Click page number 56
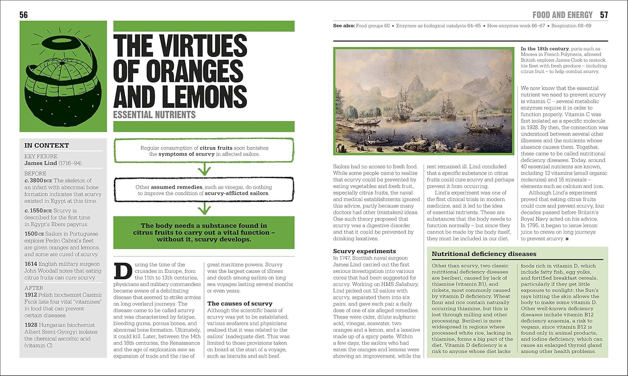(x=23, y=15)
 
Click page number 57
(x=604, y=15)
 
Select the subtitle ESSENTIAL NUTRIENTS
(x=154, y=114)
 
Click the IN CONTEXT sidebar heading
(x=46, y=145)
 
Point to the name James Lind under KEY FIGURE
(x=41, y=163)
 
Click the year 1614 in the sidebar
(x=31, y=264)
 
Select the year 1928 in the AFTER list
(x=31, y=325)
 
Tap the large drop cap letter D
(x=123, y=271)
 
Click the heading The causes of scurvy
(x=239, y=303)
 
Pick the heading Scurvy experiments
(x=364, y=251)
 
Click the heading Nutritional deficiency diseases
(x=484, y=254)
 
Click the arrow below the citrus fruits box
(x=204, y=169)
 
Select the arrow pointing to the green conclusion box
(x=204, y=208)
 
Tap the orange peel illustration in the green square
(x=62, y=77)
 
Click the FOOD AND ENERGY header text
(x=562, y=15)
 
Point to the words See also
(x=344, y=26)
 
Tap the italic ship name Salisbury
(x=407, y=284)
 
